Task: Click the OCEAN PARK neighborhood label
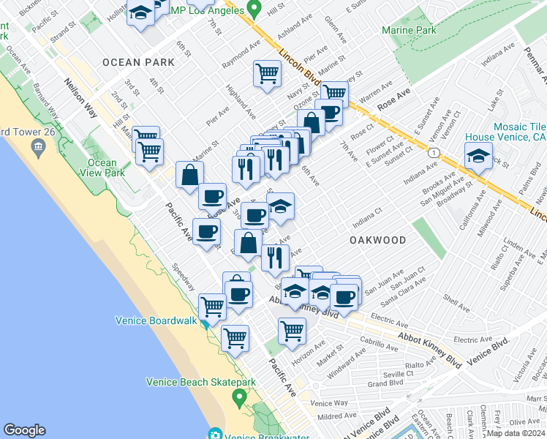pyautogui.click(x=139, y=62)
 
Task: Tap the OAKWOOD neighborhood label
pyautogui.click(x=377, y=240)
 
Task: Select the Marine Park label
pyautogui.click(x=409, y=30)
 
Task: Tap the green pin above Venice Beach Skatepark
pyautogui.click(x=239, y=399)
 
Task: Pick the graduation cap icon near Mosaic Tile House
pyautogui.click(x=478, y=156)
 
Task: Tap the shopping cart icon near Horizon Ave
pyautogui.click(x=293, y=329)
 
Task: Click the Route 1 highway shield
pyautogui.click(x=434, y=151)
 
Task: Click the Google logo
pyautogui.click(x=24, y=430)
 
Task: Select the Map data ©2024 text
pyautogui.click(x=516, y=433)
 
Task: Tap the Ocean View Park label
pyautogui.click(x=102, y=168)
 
